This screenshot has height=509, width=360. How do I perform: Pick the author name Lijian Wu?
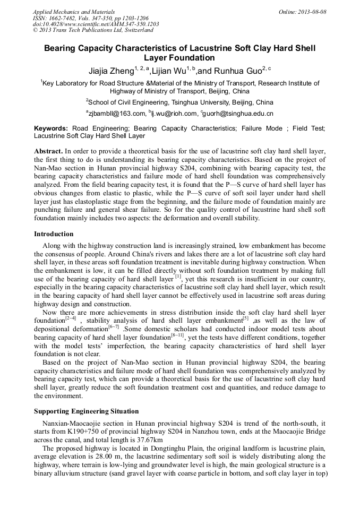169,70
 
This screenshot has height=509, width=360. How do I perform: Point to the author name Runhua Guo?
236,70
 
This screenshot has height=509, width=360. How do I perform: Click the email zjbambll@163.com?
117,114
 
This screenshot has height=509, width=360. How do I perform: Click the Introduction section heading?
54,234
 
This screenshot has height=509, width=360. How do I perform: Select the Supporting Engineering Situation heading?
86,411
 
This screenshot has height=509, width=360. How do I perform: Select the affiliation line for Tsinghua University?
179,102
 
